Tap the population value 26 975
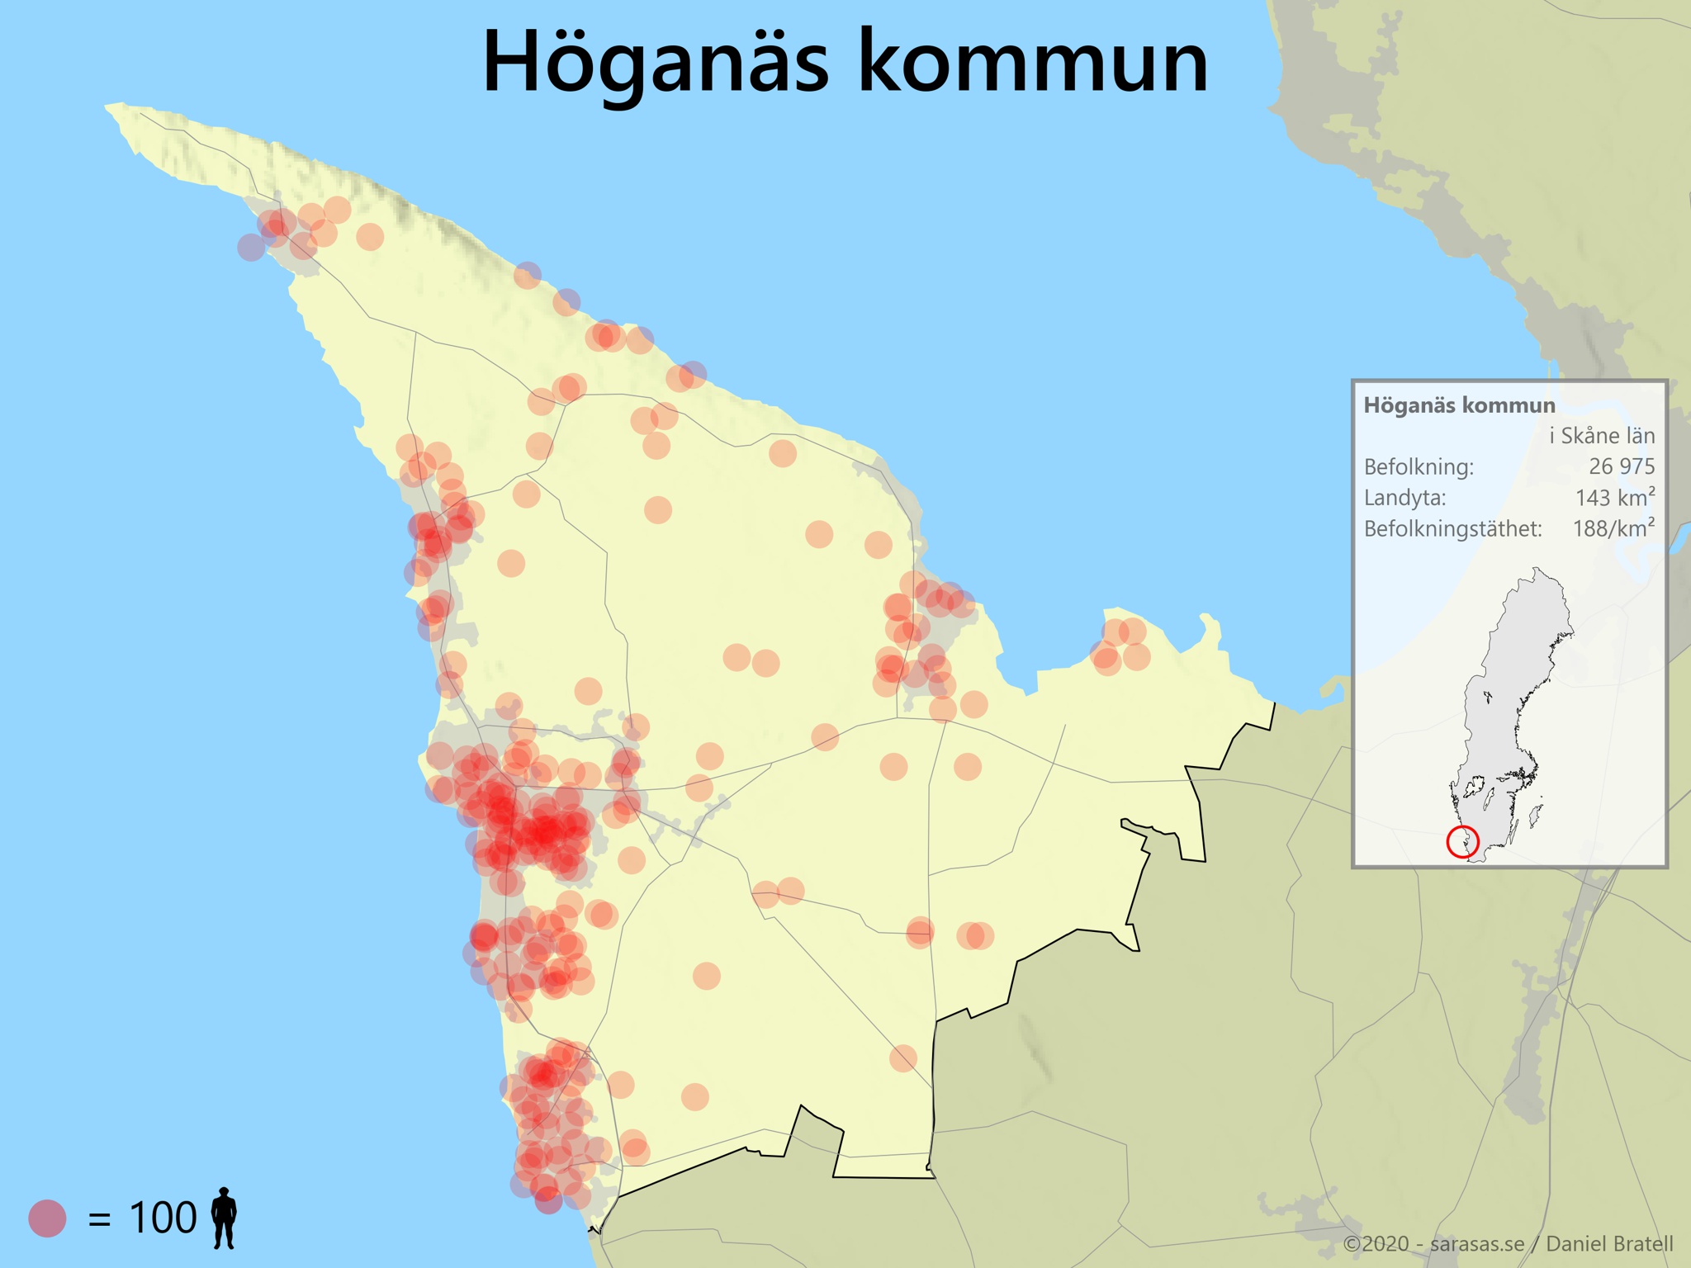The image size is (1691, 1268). [1621, 466]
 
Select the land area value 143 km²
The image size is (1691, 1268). [1614, 497]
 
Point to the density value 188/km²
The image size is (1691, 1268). [1613, 528]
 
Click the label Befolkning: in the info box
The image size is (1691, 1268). [1418, 467]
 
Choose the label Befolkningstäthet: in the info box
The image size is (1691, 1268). [1452, 529]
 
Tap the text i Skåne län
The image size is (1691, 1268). [1601, 436]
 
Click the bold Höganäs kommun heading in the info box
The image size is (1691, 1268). [1459, 405]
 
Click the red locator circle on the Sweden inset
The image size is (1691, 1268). [1462, 842]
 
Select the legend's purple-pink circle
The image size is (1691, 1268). [47, 1218]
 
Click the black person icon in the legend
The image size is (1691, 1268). [224, 1218]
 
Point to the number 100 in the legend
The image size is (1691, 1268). [163, 1218]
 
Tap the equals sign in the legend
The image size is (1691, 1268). [99, 1219]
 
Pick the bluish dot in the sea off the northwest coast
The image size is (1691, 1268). [251, 246]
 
